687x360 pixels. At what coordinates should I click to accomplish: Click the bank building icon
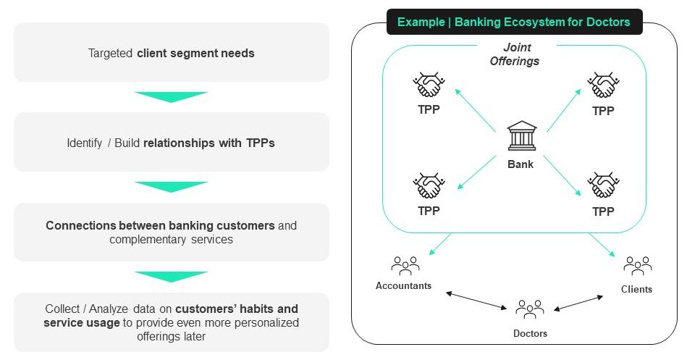click(520, 136)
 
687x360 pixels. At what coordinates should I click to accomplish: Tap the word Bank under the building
click(520, 164)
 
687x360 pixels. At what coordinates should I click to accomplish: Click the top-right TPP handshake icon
click(602, 85)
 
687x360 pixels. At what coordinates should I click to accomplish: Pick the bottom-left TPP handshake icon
click(429, 186)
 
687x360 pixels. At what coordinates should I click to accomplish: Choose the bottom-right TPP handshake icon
click(602, 186)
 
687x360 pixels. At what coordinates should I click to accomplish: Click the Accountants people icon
click(405, 266)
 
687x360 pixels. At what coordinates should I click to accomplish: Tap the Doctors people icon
click(530, 309)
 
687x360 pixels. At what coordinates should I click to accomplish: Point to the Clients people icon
click(637, 266)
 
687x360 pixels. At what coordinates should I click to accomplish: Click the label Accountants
click(403, 285)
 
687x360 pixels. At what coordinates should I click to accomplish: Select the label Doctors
click(530, 333)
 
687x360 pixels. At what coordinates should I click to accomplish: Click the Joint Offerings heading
click(514, 54)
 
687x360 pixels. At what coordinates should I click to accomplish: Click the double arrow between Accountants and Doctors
click(476, 301)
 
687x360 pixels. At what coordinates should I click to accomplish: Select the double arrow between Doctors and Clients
click(578, 303)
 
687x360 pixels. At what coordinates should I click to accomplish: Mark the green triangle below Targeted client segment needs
click(171, 96)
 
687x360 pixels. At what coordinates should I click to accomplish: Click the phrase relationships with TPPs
click(209, 143)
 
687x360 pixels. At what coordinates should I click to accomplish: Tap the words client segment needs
click(195, 53)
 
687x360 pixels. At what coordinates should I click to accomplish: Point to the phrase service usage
click(82, 322)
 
